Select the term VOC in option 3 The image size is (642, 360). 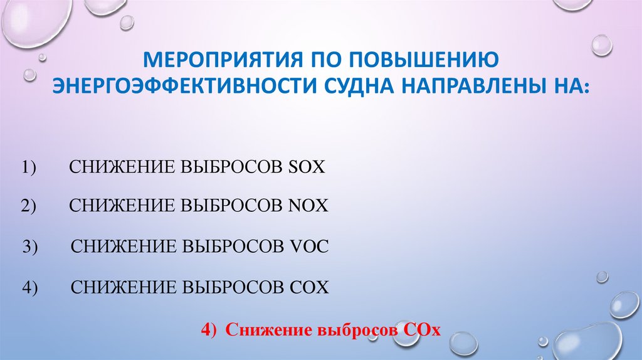pos(309,246)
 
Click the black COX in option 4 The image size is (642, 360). pos(309,287)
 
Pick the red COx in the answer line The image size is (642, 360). pos(420,330)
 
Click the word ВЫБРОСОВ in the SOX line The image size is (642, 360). pos(233,168)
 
